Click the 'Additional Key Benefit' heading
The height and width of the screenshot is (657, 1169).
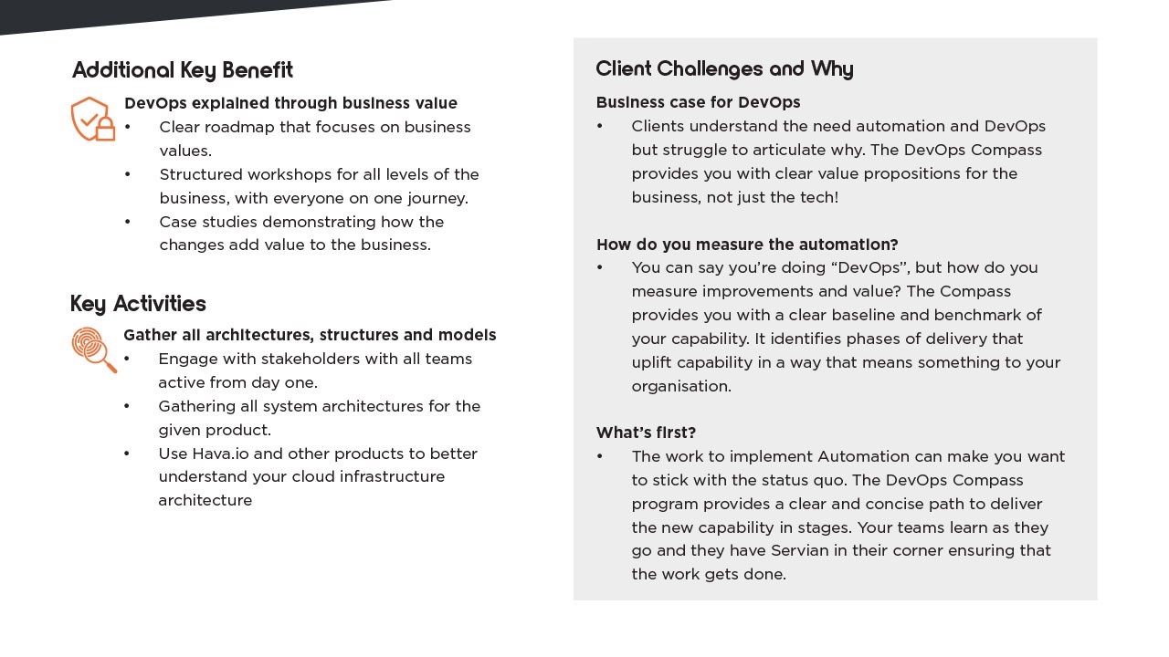183,70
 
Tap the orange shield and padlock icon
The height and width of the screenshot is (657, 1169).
93,120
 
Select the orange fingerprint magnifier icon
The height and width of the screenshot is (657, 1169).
94,349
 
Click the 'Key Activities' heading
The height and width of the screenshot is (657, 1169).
138,304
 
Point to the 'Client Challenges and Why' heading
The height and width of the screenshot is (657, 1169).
724,69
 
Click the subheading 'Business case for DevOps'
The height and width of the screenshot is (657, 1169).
698,102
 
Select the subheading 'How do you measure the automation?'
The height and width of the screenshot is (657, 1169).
747,245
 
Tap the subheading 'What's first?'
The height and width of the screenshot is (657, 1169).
646,433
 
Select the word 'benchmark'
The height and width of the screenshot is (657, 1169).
982,315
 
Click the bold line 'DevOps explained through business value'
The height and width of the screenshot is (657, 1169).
290,103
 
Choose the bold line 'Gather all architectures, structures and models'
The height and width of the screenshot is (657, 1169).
310,335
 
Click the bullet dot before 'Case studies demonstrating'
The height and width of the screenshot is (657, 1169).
128,222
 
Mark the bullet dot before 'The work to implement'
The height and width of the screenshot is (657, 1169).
600,456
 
